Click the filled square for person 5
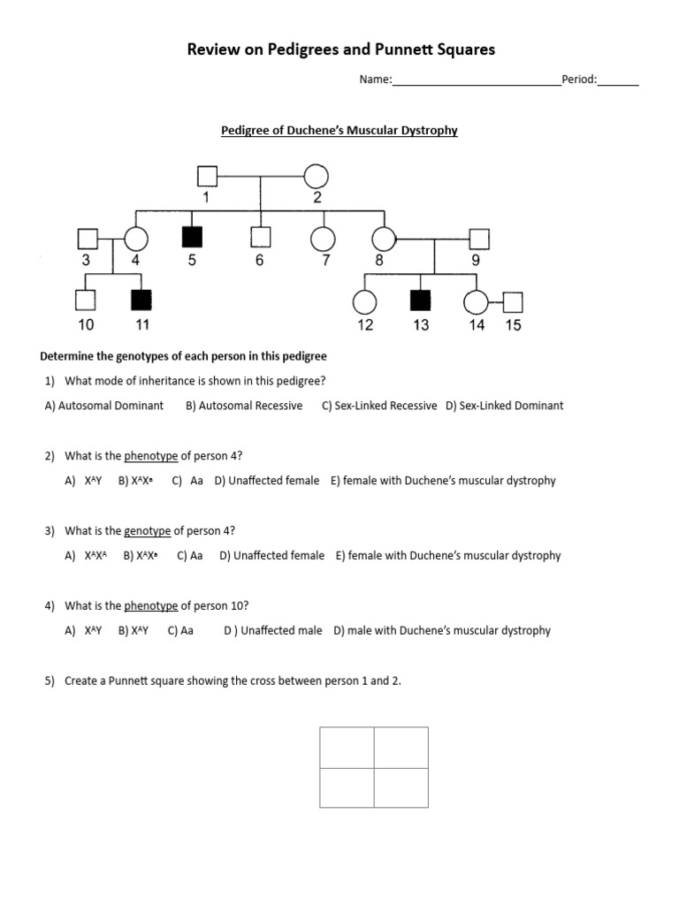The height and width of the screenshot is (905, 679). (192, 237)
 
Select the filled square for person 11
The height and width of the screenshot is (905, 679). (141, 301)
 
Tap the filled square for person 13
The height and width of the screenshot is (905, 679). (421, 301)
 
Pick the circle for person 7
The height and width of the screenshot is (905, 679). (324, 237)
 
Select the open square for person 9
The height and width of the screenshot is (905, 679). (478, 237)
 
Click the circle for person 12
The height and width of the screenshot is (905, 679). (365, 301)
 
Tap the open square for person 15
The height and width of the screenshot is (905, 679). (513, 302)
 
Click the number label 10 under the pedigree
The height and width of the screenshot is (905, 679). (86, 325)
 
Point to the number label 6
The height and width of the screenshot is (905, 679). (259, 261)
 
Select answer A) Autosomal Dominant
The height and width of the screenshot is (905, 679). (103, 406)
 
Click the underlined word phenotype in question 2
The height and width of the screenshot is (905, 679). (151, 456)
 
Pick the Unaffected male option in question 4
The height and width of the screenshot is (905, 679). (272, 631)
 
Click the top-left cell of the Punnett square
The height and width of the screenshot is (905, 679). (347, 748)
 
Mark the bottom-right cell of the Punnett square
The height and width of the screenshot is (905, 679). (401, 787)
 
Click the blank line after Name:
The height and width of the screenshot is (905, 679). (476, 80)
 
